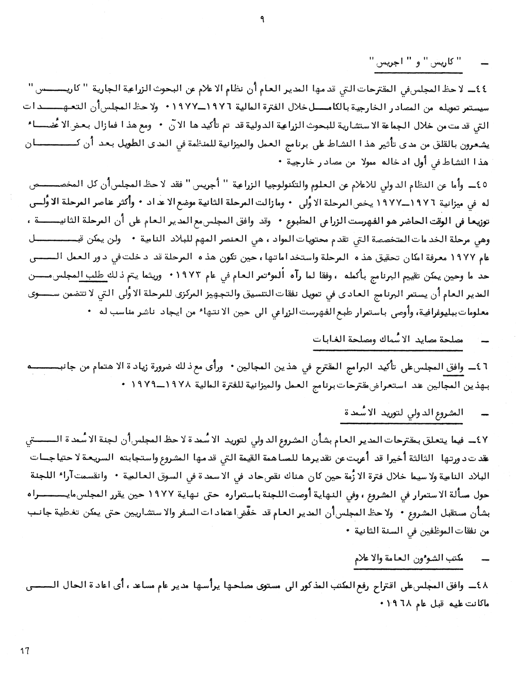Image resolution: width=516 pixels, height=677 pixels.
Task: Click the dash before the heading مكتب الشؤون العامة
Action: click(483, 559)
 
